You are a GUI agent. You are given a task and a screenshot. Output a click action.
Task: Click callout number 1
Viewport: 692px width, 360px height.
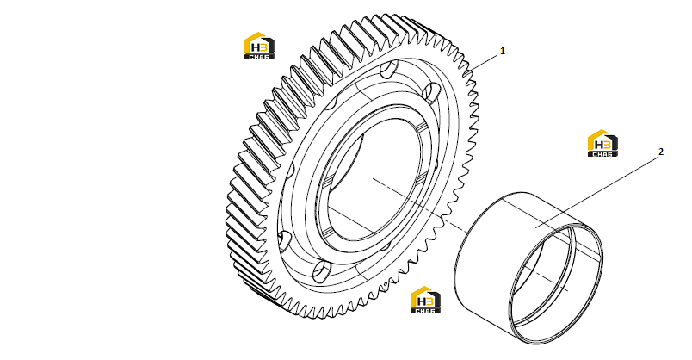[x=503, y=51]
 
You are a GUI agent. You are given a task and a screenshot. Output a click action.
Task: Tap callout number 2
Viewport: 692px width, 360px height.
[x=661, y=152]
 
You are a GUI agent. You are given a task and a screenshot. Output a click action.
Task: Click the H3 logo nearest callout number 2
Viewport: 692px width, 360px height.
[x=602, y=143]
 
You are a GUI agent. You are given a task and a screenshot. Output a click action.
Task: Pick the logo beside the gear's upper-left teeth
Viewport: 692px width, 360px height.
[x=260, y=46]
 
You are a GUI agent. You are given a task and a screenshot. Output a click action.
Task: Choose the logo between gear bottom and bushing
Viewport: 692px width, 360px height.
[x=425, y=300]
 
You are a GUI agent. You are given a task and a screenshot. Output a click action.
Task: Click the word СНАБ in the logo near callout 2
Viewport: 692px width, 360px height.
[x=602, y=153]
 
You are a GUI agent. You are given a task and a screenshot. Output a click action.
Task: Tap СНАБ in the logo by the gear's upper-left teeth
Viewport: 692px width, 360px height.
[x=260, y=57]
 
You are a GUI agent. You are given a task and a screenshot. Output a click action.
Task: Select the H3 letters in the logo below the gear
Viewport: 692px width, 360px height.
[x=425, y=301]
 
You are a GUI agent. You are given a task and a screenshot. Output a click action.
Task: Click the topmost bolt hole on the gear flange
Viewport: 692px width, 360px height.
[x=388, y=71]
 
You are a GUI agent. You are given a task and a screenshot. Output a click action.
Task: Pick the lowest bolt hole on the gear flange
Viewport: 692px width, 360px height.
[x=321, y=272]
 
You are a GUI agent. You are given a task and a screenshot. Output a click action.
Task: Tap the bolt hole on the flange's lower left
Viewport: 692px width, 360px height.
[x=285, y=242]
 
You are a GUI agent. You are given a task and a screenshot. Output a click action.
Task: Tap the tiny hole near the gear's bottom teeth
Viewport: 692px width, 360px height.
[x=386, y=283]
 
